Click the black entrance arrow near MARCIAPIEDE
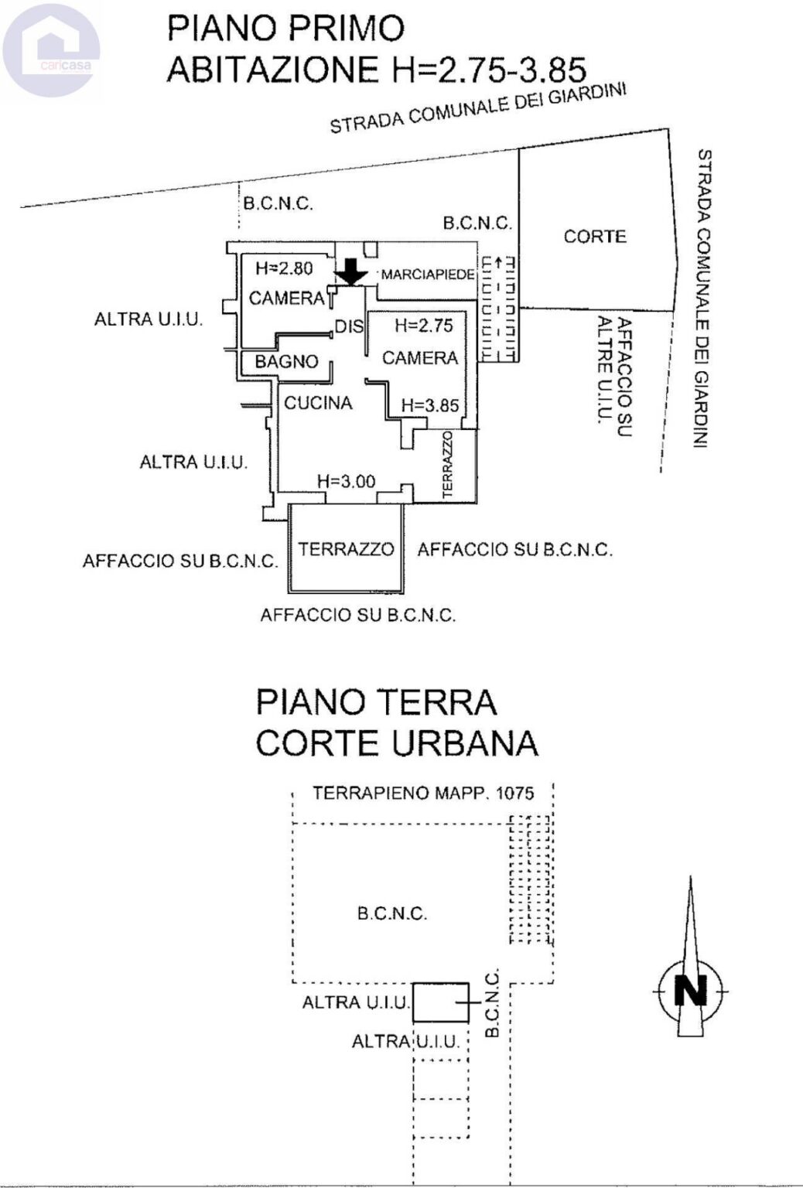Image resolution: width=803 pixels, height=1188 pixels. click(352, 271)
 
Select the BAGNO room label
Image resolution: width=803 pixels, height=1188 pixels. click(286, 361)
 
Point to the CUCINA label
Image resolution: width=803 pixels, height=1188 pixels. click(318, 403)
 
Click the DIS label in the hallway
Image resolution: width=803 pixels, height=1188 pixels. click(348, 327)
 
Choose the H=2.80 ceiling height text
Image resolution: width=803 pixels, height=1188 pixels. click(284, 268)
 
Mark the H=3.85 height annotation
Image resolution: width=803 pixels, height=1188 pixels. click(429, 405)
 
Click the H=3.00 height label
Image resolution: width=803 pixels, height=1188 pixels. click(346, 481)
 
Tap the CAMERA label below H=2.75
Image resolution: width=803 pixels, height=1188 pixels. click(419, 358)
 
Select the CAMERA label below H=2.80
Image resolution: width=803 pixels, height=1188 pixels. click(286, 298)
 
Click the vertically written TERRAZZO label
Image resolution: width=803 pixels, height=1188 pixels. click(447, 464)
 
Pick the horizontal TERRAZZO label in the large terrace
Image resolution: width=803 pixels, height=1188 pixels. click(346, 549)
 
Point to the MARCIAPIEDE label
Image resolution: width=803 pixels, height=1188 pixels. click(427, 275)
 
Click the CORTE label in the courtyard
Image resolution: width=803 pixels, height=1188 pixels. click(594, 237)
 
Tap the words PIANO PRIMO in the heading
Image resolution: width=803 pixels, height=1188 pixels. click(286, 29)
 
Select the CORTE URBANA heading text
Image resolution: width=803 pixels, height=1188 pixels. click(396, 743)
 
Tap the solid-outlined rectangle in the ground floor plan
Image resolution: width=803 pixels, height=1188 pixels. click(440, 1002)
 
